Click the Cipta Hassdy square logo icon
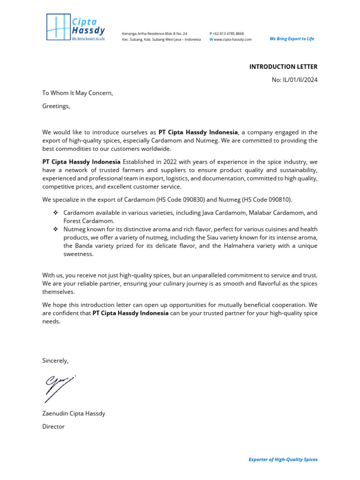pos(57,27)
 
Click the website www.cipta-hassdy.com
pos(232,39)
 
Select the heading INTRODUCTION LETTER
pos(283,67)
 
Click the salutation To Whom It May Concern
pos(78,93)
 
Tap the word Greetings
pos(56,106)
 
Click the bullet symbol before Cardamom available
pos(55,213)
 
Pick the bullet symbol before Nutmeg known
pos(55,229)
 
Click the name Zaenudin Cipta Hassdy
pos(74,413)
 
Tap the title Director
pos(53,427)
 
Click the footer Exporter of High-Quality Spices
pos(283,459)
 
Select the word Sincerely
pos(55,360)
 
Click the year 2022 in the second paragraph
pos(172,162)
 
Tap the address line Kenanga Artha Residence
pos(154,34)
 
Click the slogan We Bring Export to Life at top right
pos(292,39)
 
